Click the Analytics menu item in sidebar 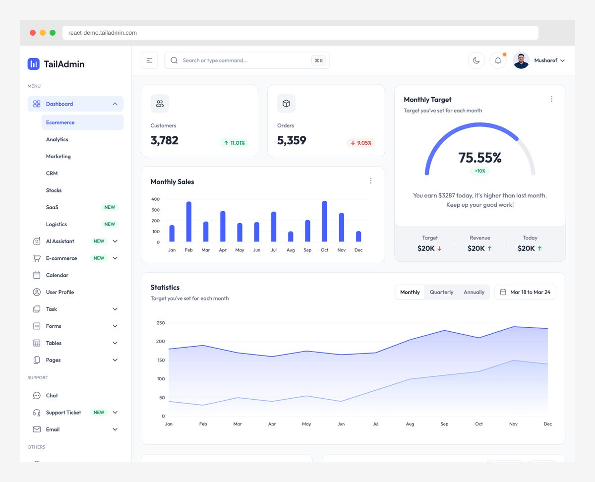coord(57,139)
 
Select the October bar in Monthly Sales coord(324,221)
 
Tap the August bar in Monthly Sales coord(291,237)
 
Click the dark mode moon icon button coord(476,60)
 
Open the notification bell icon coord(498,60)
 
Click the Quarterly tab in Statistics coord(441,292)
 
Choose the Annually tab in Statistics coord(474,292)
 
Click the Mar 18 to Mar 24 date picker coord(525,292)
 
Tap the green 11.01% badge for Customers coord(234,143)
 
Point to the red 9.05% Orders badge coord(360,143)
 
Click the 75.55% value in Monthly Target coord(479,158)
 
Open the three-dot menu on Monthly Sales coord(370,181)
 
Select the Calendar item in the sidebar coord(57,275)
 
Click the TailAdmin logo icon coord(33,63)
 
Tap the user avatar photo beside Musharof coord(521,60)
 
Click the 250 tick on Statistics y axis coord(160,323)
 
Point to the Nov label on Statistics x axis coord(513,424)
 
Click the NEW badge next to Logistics coord(110,224)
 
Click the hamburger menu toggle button coord(149,60)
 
